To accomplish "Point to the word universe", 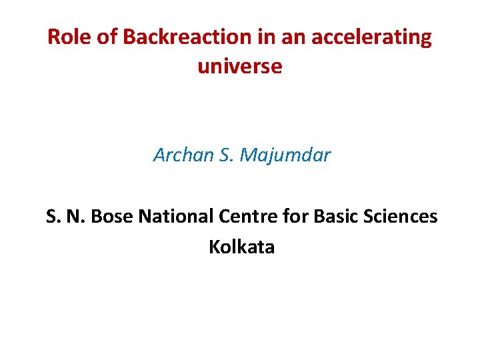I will pos(240,67).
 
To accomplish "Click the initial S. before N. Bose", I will pos(54,217).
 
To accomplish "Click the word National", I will pos(175,217).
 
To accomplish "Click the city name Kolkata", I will pos(241,247).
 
